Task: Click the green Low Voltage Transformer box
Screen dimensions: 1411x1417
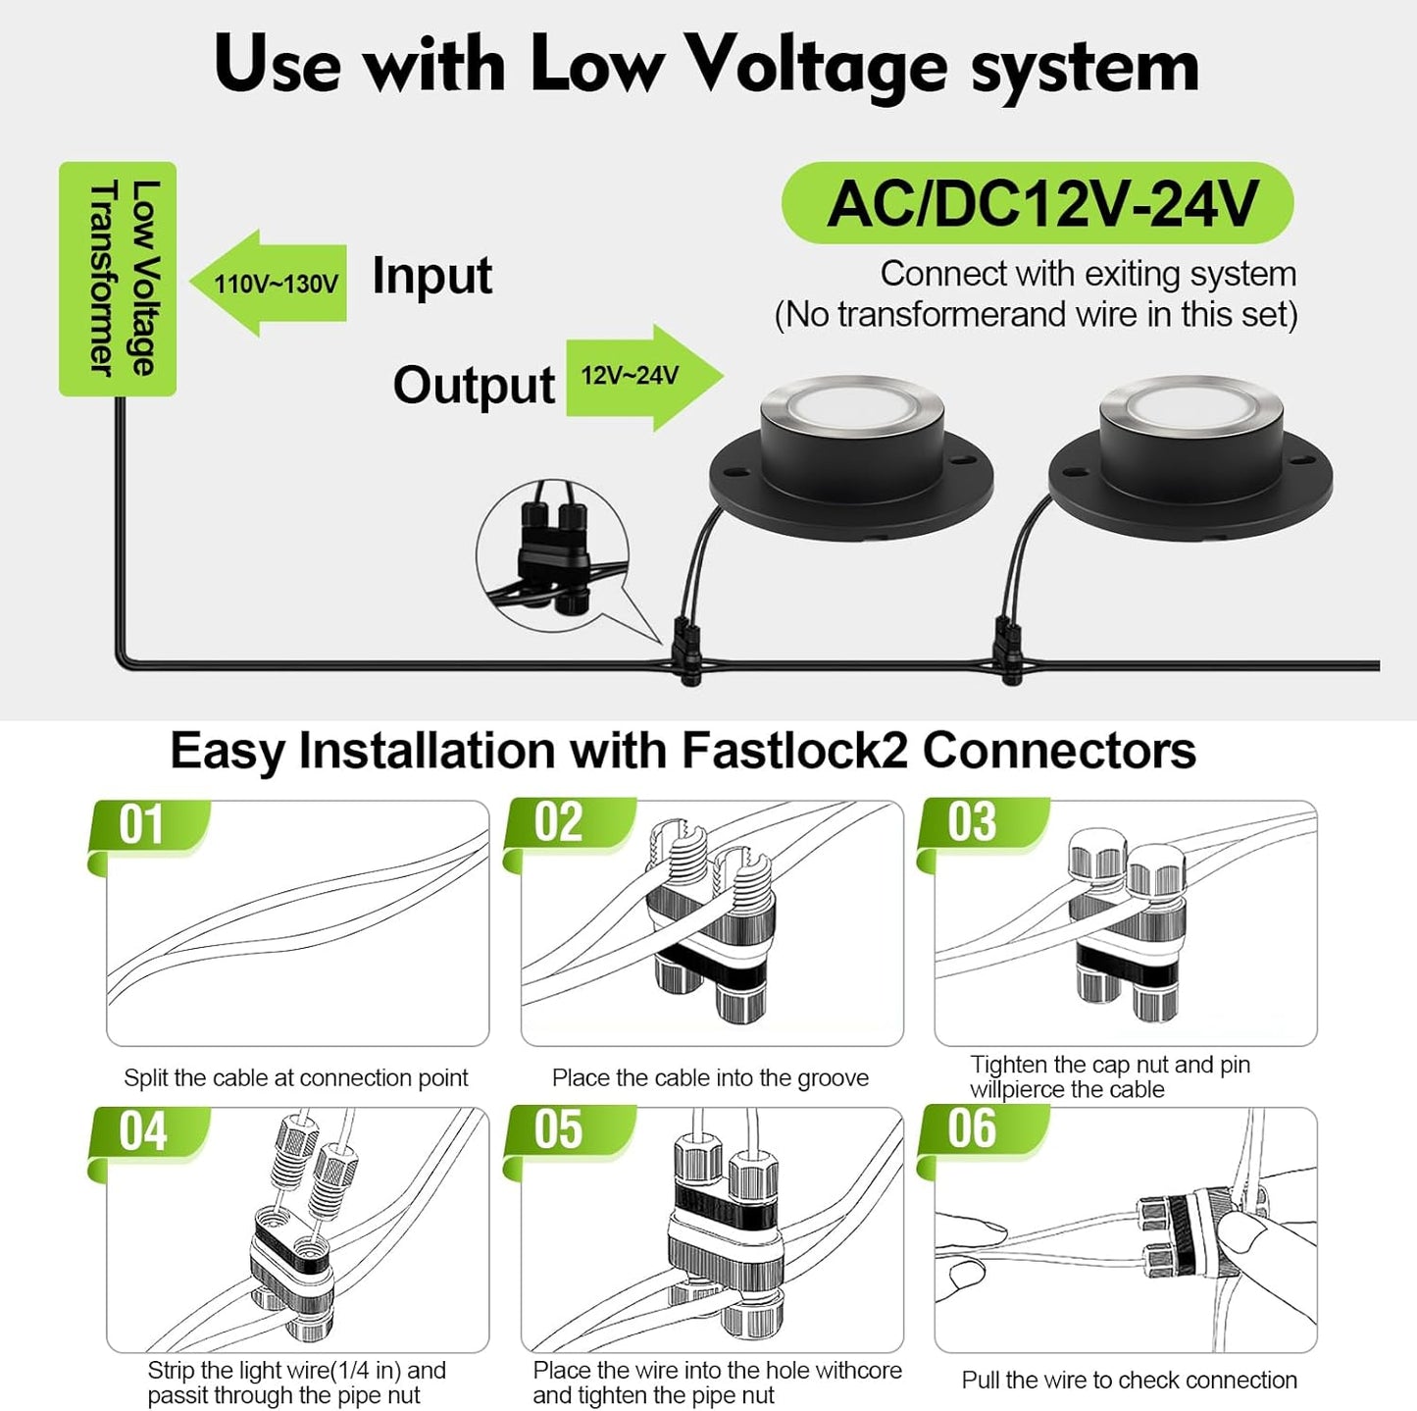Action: tap(118, 279)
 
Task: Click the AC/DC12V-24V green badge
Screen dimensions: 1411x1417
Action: tap(1037, 204)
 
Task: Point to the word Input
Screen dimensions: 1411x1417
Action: tap(431, 276)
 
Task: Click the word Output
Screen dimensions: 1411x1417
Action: tap(474, 385)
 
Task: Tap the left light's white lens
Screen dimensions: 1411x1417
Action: tap(851, 403)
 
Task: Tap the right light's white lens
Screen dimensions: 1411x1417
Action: tap(1190, 405)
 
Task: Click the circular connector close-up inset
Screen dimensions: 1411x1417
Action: tap(552, 555)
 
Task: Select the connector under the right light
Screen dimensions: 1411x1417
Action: tap(1007, 650)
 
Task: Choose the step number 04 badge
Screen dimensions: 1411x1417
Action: tap(145, 1132)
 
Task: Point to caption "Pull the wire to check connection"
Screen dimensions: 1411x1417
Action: tap(1129, 1380)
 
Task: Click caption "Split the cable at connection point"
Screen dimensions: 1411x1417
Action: tap(295, 1077)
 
